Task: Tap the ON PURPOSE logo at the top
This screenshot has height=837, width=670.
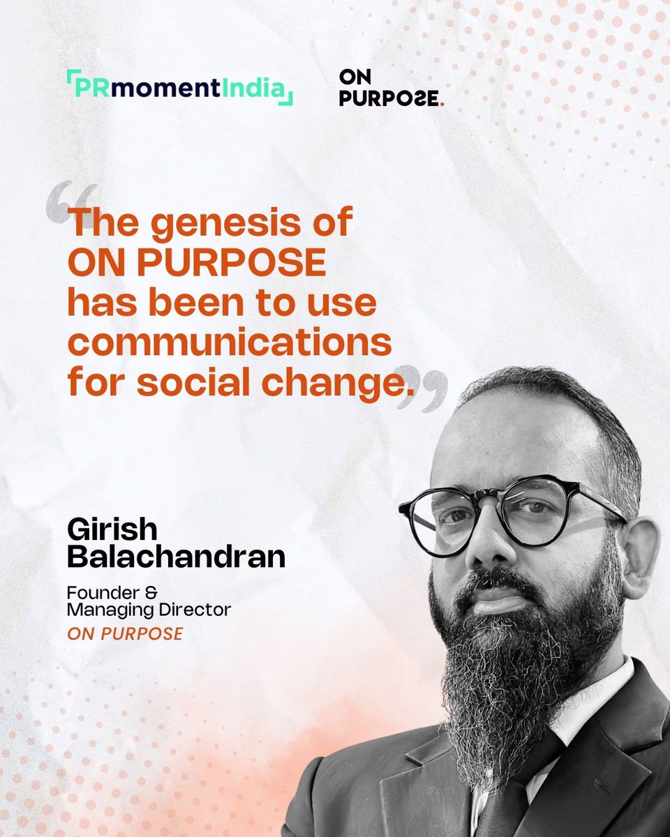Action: point(392,89)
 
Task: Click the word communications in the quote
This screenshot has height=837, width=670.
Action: point(229,345)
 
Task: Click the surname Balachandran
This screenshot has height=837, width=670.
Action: point(175,558)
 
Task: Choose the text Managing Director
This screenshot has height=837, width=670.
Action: point(148,611)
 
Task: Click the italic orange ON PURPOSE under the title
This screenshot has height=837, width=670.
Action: point(125,634)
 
